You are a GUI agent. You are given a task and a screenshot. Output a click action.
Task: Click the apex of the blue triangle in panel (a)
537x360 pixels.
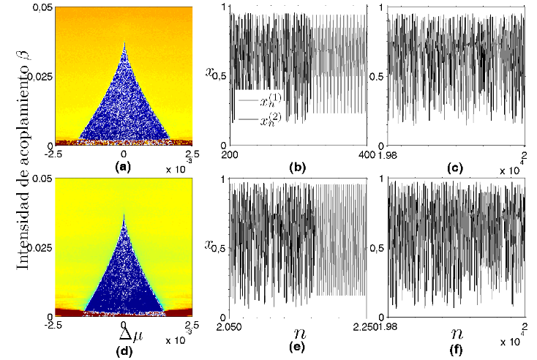124,41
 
